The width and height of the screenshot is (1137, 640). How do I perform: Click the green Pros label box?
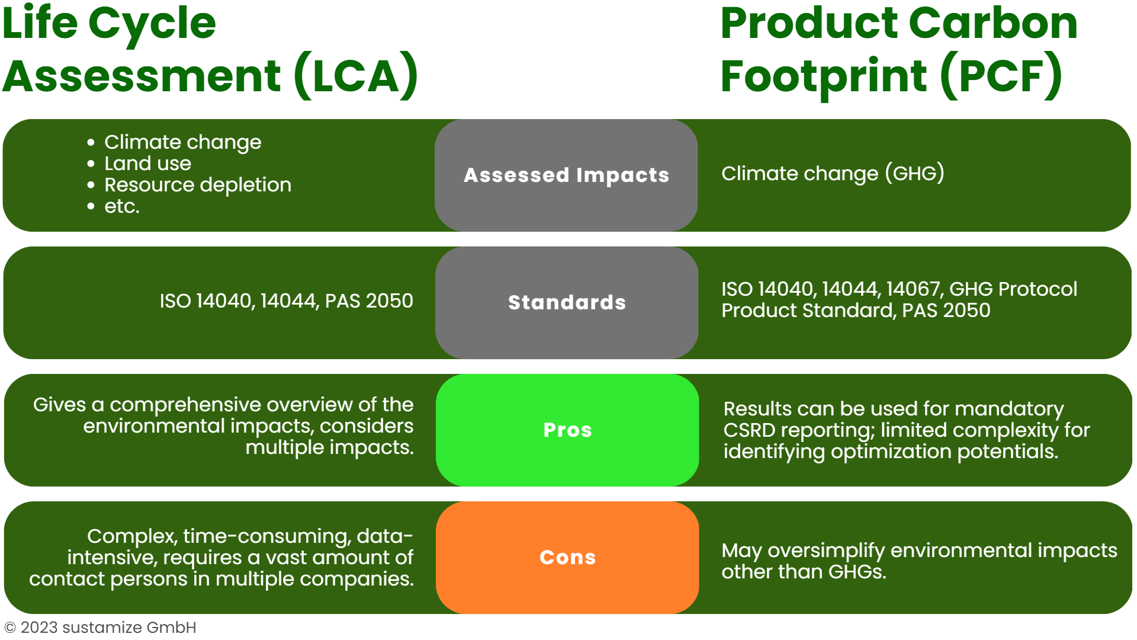[x=567, y=430]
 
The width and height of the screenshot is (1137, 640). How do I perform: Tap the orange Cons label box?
[x=567, y=558]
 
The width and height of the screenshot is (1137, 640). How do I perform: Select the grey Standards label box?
[x=567, y=303]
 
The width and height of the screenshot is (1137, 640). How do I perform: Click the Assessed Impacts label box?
[x=566, y=175]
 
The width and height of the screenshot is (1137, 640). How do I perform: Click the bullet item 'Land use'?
[x=147, y=164]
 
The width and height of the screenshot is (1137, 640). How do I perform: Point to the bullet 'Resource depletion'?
[x=198, y=185]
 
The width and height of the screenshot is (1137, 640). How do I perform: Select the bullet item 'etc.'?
[x=122, y=206]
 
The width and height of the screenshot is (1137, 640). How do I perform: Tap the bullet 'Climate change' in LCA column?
[x=182, y=142]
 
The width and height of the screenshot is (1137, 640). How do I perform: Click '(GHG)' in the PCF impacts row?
[x=914, y=174]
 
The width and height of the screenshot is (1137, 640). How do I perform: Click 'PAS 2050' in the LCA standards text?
[x=369, y=301]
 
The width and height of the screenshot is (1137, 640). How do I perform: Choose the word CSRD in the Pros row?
[x=749, y=430]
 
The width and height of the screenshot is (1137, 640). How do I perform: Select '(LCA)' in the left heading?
[x=356, y=76]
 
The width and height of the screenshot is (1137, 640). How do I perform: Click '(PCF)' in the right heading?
[x=1001, y=76]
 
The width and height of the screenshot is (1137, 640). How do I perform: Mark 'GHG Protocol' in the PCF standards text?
[x=1013, y=289]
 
